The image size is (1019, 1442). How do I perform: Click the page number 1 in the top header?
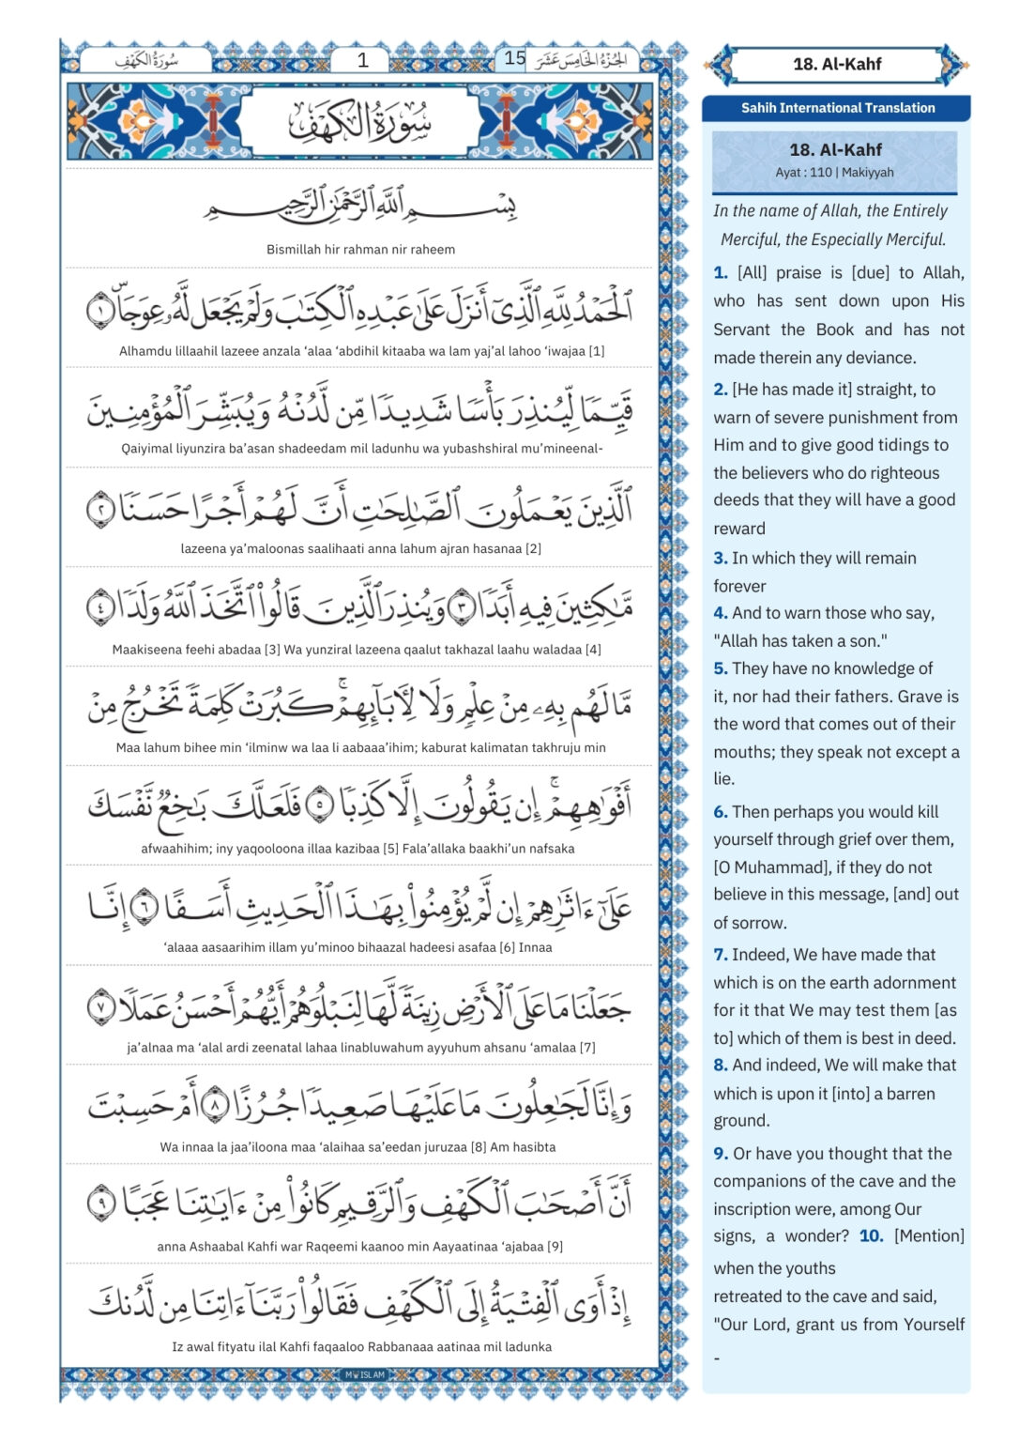(363, 60)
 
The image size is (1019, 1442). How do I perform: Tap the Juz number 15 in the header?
(514, 58)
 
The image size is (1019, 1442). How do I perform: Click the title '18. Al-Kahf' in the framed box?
(837, 64)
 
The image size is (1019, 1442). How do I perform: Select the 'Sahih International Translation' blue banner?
(837, 108)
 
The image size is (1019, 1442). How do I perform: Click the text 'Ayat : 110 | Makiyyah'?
(834, 173)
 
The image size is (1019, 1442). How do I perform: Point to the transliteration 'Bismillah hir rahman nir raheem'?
(360, 250)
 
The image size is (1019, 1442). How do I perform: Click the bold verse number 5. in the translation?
(720, 668)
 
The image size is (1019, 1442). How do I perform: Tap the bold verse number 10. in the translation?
(871, 1236)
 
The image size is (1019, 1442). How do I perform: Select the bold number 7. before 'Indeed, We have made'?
(720, 955)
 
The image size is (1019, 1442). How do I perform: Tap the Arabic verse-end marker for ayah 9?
(100, 1203)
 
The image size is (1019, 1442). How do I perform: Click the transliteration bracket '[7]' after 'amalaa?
(587, 1048)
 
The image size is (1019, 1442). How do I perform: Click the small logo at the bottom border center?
(365, 1374)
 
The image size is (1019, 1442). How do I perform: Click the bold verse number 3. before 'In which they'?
(720, 558)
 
